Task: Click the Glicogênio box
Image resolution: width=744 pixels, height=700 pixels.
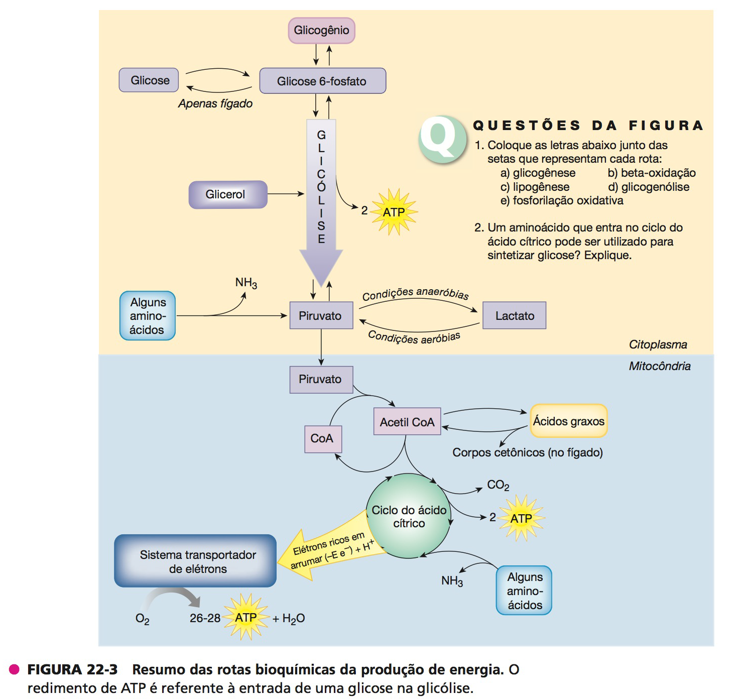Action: (x=321, y=30)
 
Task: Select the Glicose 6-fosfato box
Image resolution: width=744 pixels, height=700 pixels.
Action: (x=322, y=81)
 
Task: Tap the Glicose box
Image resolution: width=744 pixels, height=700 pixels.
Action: (x=149, y=80)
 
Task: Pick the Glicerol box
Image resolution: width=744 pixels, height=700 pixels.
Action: (x=227, y=194)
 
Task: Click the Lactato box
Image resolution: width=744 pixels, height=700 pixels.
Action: (x=514, y=315)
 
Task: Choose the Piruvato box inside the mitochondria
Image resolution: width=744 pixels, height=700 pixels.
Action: (x=321, y=379)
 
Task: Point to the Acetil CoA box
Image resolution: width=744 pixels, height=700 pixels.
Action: (x=407, y=422)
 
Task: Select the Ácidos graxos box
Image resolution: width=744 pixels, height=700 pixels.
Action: (x=568, y=421)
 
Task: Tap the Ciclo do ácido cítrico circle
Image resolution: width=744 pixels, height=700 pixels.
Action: (x=409, y=516)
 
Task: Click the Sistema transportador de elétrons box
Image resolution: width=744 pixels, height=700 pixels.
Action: (x=196, y=561)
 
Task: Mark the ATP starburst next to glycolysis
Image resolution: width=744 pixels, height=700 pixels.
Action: (x=394, y=212)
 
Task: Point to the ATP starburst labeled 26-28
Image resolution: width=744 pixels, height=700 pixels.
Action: (x=245, y=617)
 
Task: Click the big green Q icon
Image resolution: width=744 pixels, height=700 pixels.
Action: (x=442, y=140)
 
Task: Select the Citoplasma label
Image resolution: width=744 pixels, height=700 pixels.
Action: (x=658, y=344)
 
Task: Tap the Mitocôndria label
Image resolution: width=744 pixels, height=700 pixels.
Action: (x=659, y=366)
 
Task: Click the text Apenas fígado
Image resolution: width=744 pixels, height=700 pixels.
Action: (x=215, y=103)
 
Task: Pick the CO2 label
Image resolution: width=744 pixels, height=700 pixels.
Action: (x=498, y=485)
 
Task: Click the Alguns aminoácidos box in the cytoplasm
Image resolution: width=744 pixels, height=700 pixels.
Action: (x=148, y=316)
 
